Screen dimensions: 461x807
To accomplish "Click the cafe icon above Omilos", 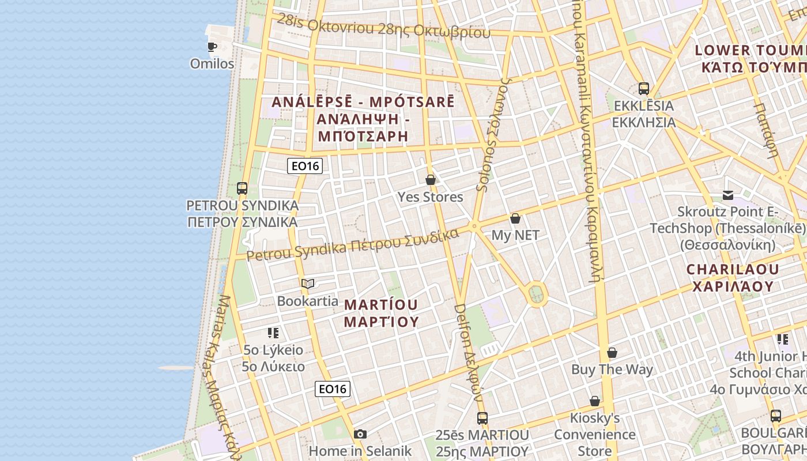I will tap(212, 47).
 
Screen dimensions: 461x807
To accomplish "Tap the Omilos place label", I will tap(212, 63).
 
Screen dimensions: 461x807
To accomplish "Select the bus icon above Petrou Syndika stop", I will tap(242, 188).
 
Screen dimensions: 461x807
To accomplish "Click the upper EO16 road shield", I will tap(305, 166).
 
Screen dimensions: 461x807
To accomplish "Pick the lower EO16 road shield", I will tap(333, 389).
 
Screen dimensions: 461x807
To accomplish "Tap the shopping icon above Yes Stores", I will tap(430, 180).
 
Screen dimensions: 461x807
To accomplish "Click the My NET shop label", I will tap(515, 235).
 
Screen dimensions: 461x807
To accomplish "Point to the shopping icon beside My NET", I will tap(515, 218).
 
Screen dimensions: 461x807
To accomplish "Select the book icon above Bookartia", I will tap(308, 284).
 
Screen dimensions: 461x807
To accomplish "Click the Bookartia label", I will tap(308, 301).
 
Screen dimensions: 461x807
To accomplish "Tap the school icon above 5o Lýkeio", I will tap(273, 332).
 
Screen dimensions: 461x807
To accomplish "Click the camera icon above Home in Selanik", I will tap(360, 434).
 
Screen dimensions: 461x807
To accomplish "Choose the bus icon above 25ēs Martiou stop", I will tap(482, 418).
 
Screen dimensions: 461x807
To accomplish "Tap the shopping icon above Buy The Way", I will tap(612, 353).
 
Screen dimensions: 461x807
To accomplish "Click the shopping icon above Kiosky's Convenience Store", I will tap(595, 401).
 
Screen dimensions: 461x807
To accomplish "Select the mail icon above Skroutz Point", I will tap(728, 195).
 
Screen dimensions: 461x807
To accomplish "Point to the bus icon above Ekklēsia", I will tap(644, 89).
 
